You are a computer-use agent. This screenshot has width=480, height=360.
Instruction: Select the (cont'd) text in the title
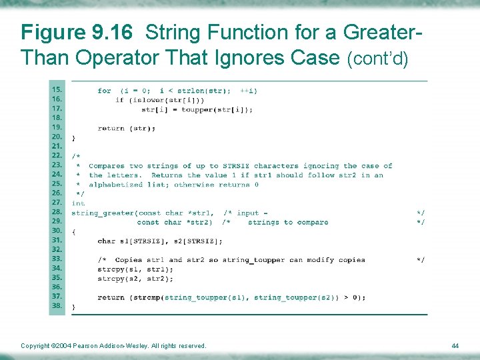click(378, 59)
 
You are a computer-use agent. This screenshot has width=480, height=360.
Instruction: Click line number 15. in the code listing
click(57, 90)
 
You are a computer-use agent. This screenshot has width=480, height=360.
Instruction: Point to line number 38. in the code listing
click(57, 307)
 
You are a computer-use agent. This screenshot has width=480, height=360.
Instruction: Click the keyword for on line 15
click(104, 91)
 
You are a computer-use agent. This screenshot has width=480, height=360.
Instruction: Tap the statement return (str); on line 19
click(126, 128)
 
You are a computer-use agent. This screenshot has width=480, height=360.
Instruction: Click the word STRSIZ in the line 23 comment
click(235, 166)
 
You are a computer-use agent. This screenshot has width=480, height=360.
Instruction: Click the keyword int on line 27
click(78, 203)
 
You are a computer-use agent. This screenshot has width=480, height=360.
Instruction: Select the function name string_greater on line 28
click(103, 213)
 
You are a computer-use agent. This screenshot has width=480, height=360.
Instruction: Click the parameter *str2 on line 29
click(199, 222)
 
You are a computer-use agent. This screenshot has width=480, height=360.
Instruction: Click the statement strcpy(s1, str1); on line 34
click(135, 269)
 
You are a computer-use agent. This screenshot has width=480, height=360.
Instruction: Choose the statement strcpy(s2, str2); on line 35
click(135, 278)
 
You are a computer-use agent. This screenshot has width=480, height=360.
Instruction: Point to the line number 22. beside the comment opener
click(57, 156)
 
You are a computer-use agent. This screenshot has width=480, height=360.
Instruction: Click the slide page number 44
click(455, 345)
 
